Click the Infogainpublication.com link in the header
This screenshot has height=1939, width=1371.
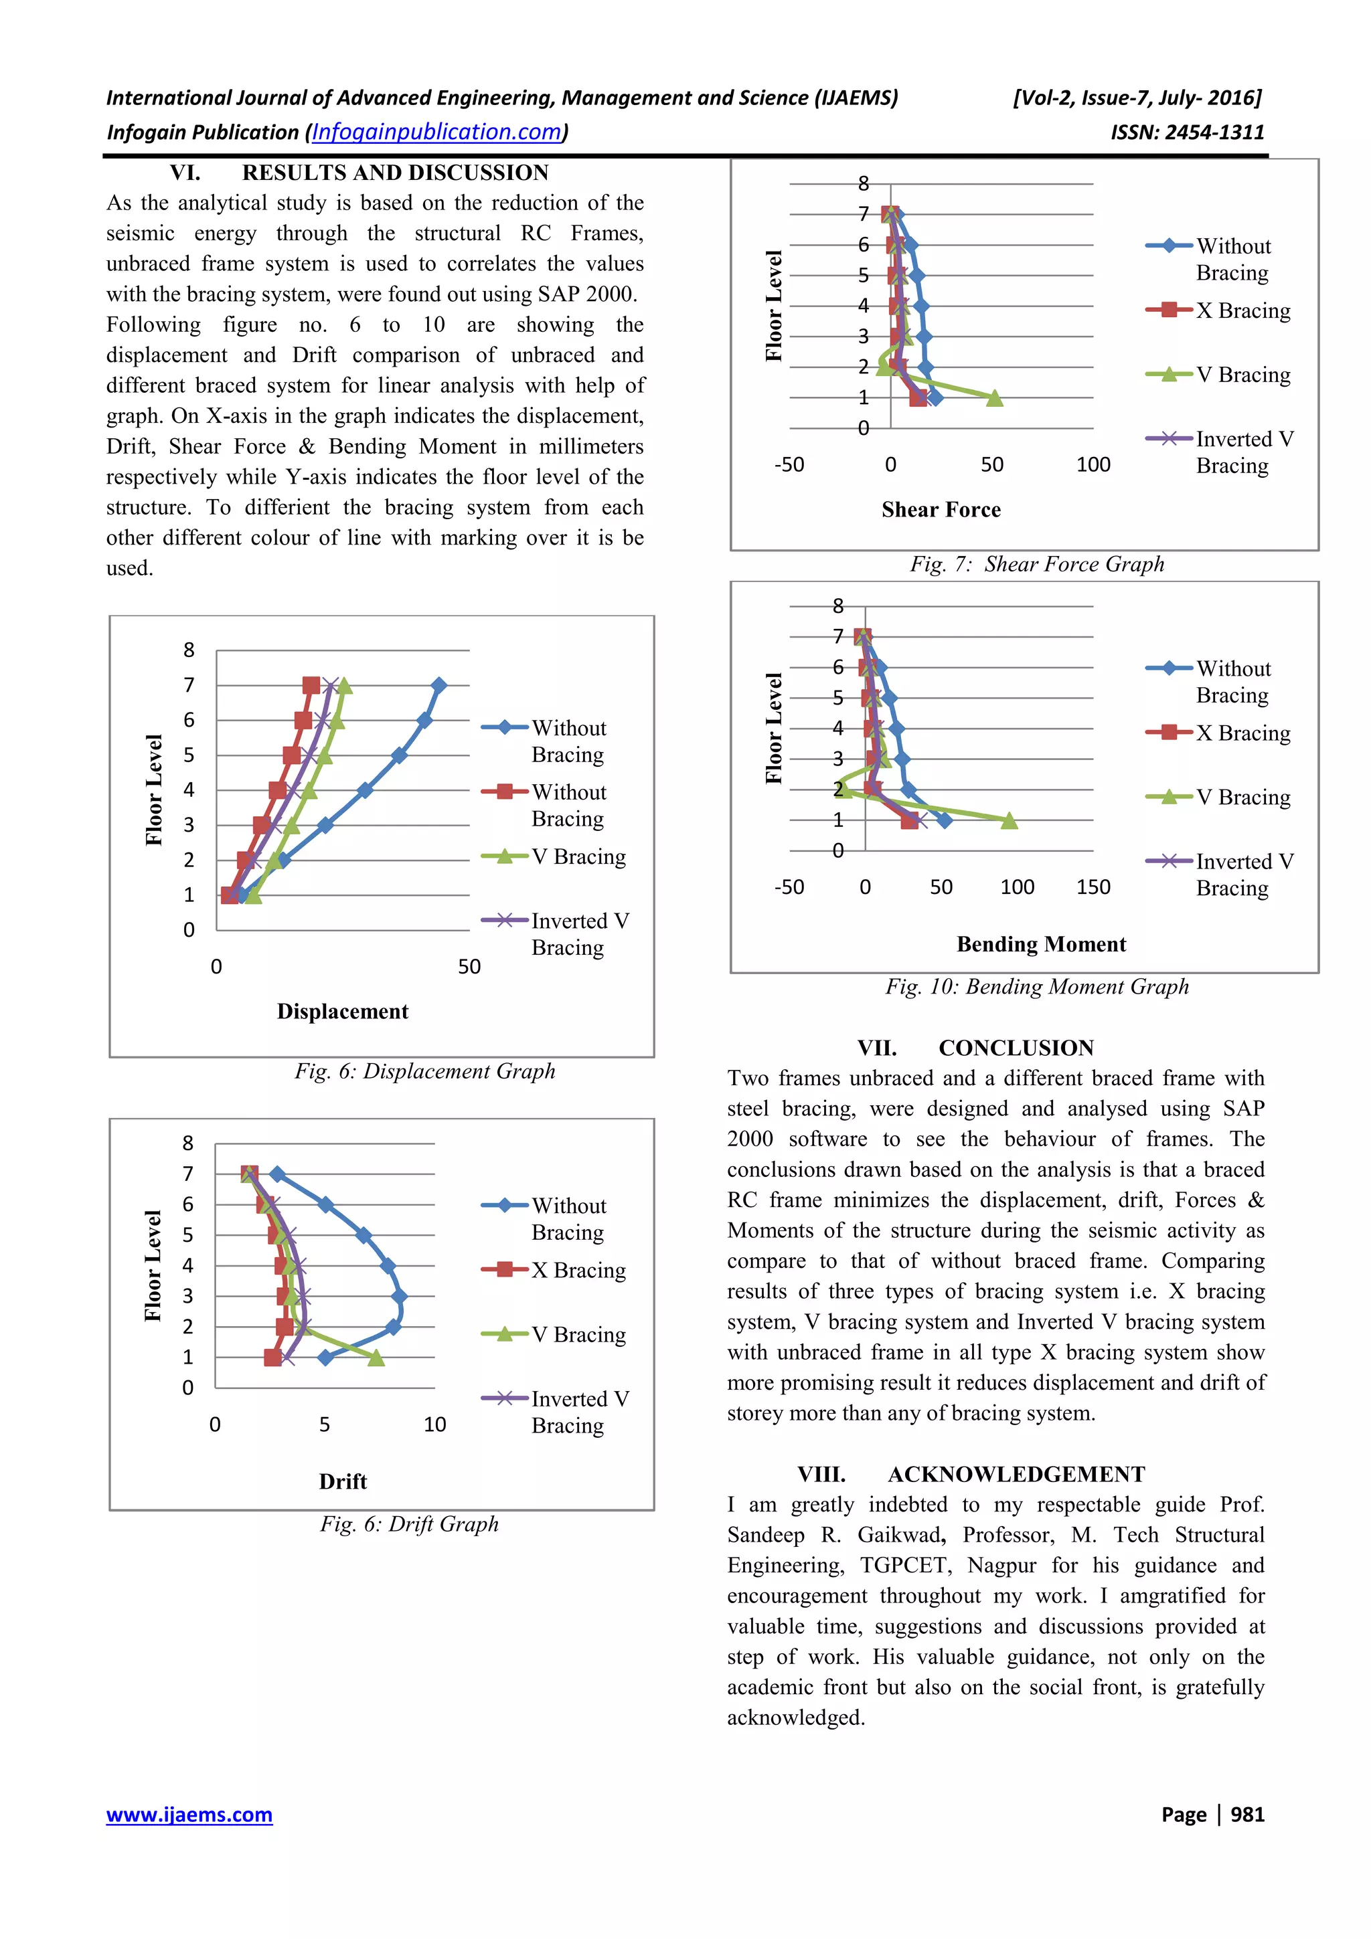coord(436,132)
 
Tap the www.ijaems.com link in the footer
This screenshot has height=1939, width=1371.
coord(189,1814)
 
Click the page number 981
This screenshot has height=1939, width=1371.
coord(1247,1814)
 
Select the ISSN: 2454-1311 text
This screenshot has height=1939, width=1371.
coord(1187,132)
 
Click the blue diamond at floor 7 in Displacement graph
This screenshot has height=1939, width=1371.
coord(438,685)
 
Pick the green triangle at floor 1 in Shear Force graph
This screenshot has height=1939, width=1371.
coord(995,397)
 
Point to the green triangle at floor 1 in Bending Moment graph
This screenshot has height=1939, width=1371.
coord(1009,820)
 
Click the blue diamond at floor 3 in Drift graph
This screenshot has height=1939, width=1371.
coord(400,1295)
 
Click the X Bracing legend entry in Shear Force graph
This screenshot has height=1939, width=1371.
coord(1242,310)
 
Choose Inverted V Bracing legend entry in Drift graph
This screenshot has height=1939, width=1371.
coord(580,1411)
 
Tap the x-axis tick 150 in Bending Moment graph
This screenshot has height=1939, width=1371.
coord(1093,887)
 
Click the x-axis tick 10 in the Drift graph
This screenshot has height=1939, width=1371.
coord(434,1424)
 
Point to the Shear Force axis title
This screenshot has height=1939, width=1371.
coord(941,509)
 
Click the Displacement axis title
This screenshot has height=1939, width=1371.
coord(342,1011)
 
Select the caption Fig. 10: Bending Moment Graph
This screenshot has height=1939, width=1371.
coord(1036,986)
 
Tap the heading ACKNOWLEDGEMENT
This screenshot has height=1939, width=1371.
coord(1016,1474)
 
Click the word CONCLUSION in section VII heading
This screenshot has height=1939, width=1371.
coord(1016,1047)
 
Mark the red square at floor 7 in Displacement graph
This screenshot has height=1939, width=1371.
coord(311,685)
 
